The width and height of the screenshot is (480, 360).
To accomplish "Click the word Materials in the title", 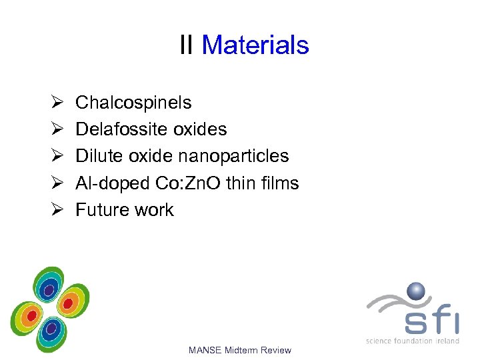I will tap(255, 45).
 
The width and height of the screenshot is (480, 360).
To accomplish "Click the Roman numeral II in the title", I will tap(187, 45).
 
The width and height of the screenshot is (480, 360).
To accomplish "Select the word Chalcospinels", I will tap(133, 103).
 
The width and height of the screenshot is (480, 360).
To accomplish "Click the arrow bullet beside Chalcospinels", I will tap(57, 103).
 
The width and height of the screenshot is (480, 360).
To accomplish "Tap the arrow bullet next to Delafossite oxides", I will tap(57, 129).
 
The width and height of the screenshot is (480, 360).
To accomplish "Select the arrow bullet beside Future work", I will tap(57, 209).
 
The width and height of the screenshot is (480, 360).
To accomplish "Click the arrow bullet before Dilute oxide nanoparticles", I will tap(57, 156).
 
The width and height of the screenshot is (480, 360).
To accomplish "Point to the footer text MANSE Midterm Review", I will tap(240, 350).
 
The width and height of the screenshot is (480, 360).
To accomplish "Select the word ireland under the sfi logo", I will tap(448, 341).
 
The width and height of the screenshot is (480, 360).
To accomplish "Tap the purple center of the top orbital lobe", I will tap(48, 288).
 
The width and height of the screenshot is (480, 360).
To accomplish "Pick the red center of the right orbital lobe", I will tap(67, 304).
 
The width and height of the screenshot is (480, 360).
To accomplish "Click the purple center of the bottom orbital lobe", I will tap(51, 328).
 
